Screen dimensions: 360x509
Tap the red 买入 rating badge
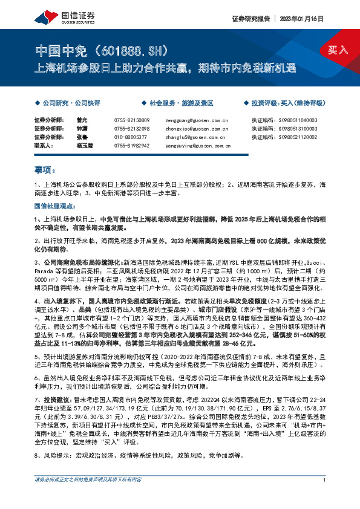[338, 49]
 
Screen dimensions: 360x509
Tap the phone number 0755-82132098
[132, 129]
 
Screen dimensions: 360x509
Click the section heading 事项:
[45, 171]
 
